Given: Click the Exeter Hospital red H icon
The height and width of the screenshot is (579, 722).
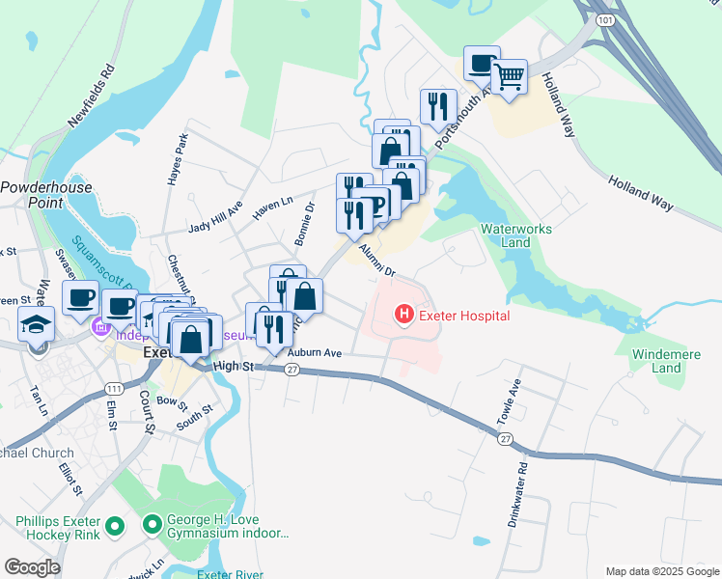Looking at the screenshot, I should click(403, 315).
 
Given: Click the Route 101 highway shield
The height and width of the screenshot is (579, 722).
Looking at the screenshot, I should click(604, 18).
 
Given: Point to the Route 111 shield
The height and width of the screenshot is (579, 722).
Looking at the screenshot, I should click(115, 388).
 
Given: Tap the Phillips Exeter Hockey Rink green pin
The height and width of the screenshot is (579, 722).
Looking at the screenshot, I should click(115, 526).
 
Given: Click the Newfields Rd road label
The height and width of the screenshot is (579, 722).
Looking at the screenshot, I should click(92, 97).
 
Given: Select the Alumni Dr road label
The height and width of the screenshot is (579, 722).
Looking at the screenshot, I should click(376, 260).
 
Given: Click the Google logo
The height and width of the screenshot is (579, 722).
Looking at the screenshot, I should click(32, 567).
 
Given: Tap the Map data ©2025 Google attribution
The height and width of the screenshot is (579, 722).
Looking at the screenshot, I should click(661, 571).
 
